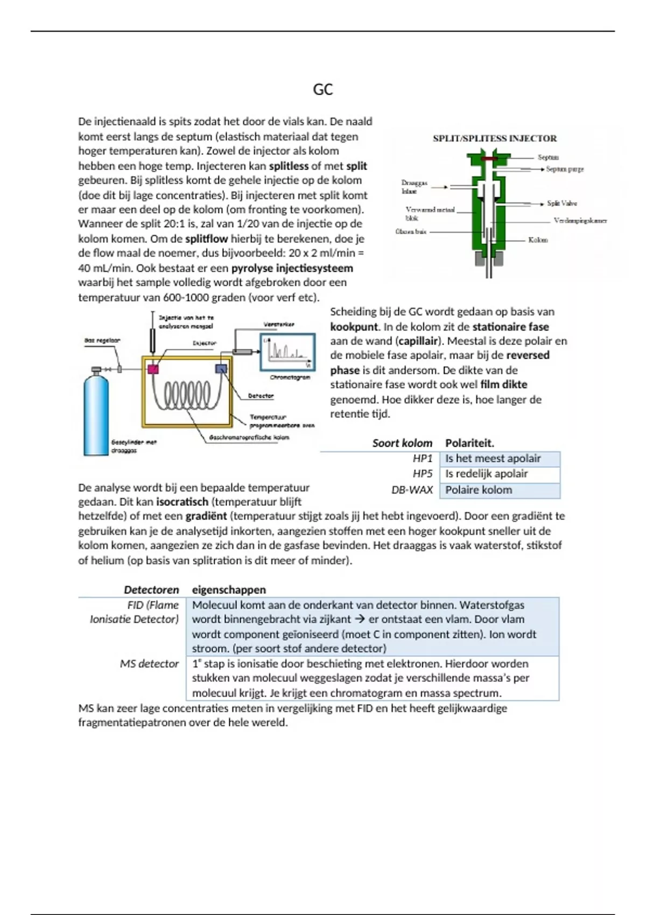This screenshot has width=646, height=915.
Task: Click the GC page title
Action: [x=322, y=89]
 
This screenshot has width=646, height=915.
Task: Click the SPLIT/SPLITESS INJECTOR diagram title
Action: [x=495, y=138]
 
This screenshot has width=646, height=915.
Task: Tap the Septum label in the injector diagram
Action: [x=548, y=157]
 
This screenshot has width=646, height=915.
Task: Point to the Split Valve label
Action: [x=561, y=203]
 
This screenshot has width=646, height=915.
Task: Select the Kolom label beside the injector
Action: [x=538, y=240]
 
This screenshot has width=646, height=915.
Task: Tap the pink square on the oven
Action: [x=153, y=369]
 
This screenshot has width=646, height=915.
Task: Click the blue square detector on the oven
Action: [x=221, y=369]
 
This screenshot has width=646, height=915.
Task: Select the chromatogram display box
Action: [x=287, y=352]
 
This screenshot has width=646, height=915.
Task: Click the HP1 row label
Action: [x=423, y=459]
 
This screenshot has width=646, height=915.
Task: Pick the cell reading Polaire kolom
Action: [x=479, y=490]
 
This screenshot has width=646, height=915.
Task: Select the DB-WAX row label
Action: [x=412, y=490]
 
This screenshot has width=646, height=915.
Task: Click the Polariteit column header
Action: [x=469, y=443]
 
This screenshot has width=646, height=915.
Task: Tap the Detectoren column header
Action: [x=151, y=590]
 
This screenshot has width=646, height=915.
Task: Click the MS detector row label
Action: [x=149, y=664]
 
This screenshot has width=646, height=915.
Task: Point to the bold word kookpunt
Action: [x=354, y=327]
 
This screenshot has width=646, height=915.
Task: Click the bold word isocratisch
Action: [x=182, y=502]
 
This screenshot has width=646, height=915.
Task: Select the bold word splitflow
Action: [x=207, y=238]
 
